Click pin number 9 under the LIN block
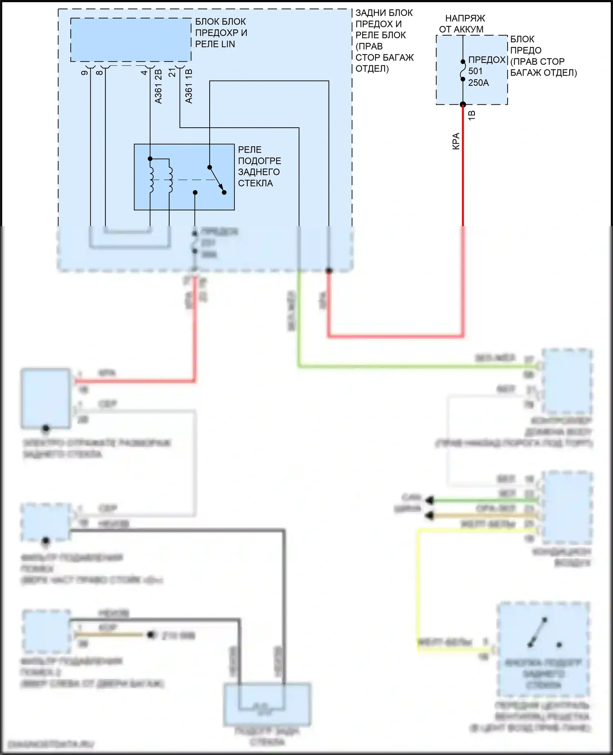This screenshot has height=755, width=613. point(85,73)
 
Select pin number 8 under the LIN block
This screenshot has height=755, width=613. point(99,73)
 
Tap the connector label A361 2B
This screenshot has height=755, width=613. point(159,86)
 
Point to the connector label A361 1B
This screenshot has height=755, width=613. point(188,86)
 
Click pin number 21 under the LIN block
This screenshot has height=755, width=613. point(172,72)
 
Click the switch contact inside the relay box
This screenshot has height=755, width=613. point(217,180)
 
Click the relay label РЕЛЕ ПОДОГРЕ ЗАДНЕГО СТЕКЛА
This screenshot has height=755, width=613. point(259,166)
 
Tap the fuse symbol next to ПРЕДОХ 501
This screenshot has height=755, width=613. point(463,70)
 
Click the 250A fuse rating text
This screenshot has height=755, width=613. point(479,83)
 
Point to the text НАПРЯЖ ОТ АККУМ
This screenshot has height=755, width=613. point(462,24)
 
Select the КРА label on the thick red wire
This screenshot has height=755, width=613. point(456,141)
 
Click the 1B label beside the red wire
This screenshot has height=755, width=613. point(472,115)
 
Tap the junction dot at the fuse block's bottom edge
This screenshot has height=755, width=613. point(463,104)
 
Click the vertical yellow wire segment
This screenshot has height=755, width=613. point(418,585)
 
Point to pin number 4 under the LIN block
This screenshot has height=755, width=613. point(144,73)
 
